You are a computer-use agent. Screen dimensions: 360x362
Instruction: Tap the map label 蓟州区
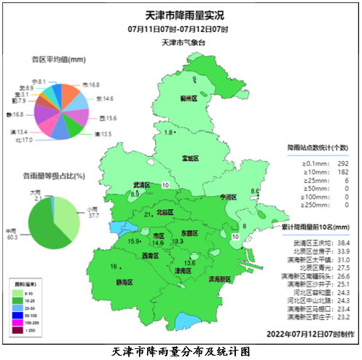coord(189,97)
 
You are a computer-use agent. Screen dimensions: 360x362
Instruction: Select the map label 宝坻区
coord(192,158)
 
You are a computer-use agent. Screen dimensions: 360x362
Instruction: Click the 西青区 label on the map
coord(150,256)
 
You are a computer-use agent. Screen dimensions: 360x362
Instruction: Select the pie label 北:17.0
coord(24,139)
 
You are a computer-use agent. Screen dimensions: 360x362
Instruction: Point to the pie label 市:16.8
coord(91,85)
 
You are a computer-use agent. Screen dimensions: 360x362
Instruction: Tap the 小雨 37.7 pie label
coord(93,213)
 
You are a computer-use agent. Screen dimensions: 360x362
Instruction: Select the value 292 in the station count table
coord(339,163)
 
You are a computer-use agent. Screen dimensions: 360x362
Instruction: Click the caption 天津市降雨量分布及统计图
coord(181,351)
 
